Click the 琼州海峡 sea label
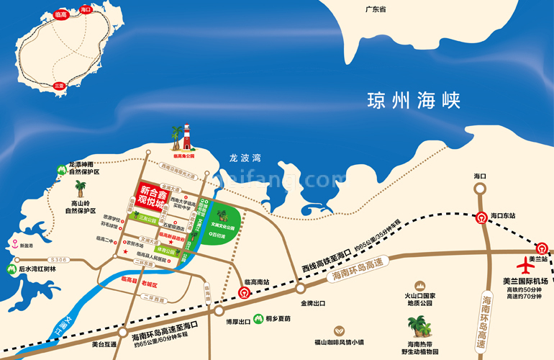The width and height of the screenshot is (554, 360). (x=412, y=99)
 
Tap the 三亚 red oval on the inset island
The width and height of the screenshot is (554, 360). (x=60, y=85)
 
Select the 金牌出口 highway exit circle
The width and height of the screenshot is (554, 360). (x=299, y=289)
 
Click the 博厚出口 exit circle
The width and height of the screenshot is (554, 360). (x=219, y=311)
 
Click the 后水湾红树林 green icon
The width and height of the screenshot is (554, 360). (x=11, y=269)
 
